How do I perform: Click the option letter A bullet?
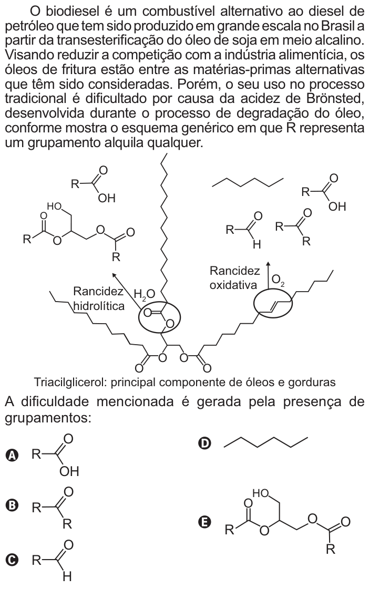[13, 456]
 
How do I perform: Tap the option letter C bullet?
[13, 560]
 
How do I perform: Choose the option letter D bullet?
[204, 443]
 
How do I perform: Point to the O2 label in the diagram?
[278, 280]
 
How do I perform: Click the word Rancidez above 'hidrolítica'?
[98, 291]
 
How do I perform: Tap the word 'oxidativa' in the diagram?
[233, 285]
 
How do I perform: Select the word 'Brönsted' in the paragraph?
[335, 98]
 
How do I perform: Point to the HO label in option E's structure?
[261, 493]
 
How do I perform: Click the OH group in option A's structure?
[69, 471]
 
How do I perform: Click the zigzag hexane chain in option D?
[265, 442]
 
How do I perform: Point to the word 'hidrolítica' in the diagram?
[99, 306]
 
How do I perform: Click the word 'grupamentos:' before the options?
[48, 417]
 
